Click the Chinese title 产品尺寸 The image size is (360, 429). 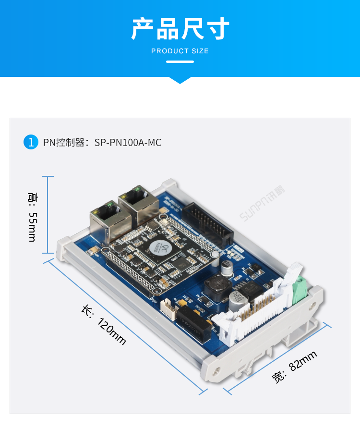[180, 29]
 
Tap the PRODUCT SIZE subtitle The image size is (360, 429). [180, 51]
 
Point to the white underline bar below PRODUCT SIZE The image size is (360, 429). [180, 61]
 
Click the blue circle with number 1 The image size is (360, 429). [31, 142]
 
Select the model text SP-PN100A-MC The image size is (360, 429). [128, 142]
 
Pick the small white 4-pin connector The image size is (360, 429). [167, 307]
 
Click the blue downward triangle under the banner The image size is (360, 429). [180, 80]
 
